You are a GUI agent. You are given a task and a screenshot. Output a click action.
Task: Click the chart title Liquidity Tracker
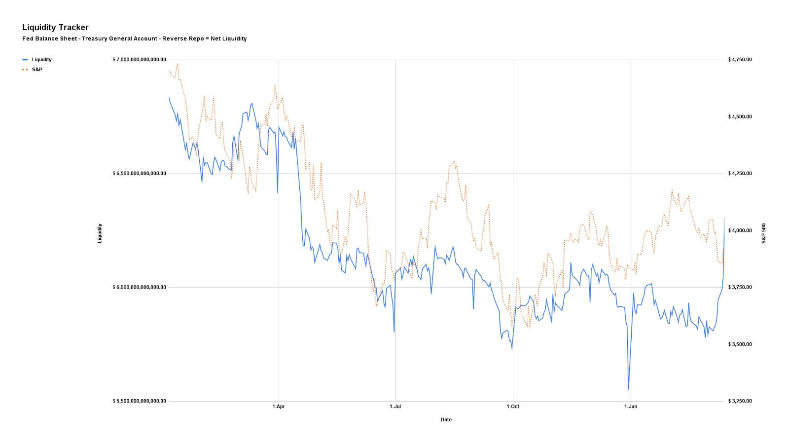[x=55, y=28]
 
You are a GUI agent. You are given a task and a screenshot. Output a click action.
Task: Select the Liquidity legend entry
[x=41, y=60]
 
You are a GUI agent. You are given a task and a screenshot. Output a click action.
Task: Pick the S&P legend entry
[x=37, y=70]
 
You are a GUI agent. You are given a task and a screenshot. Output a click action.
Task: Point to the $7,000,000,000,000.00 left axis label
[x=140, y=60]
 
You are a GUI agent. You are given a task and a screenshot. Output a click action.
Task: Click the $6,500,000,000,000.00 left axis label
[x=140, y=174]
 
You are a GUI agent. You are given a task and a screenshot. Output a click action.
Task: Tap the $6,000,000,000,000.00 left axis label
[x=140, y=287]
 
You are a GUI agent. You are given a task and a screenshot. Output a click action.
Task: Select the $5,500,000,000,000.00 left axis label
[x=140, y=401]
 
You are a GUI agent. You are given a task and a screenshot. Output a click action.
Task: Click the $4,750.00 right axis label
[x=740, y=60]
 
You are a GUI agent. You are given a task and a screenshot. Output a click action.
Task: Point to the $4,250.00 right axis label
[x=740, y=174]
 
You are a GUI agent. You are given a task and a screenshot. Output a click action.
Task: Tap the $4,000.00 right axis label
[x=740, y=230]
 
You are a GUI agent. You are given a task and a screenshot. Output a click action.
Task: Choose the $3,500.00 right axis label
[x=740, y=344]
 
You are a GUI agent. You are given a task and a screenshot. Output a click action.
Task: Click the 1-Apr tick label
[x=279, y=407]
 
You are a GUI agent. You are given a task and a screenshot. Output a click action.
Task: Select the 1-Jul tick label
[x=395, y=407]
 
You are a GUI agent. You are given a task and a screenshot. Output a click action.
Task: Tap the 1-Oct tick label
[x=513, y=407]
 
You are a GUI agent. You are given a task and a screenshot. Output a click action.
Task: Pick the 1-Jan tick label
[x=631, y=407]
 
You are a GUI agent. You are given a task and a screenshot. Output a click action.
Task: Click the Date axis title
[x=446, y=420]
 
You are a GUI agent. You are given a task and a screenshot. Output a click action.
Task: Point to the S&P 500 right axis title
[x=764, y=233]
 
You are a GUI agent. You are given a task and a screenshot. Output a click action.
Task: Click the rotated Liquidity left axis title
[x=100, y=233]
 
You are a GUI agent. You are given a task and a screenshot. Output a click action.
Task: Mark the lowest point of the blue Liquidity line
[x=628, y=389]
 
